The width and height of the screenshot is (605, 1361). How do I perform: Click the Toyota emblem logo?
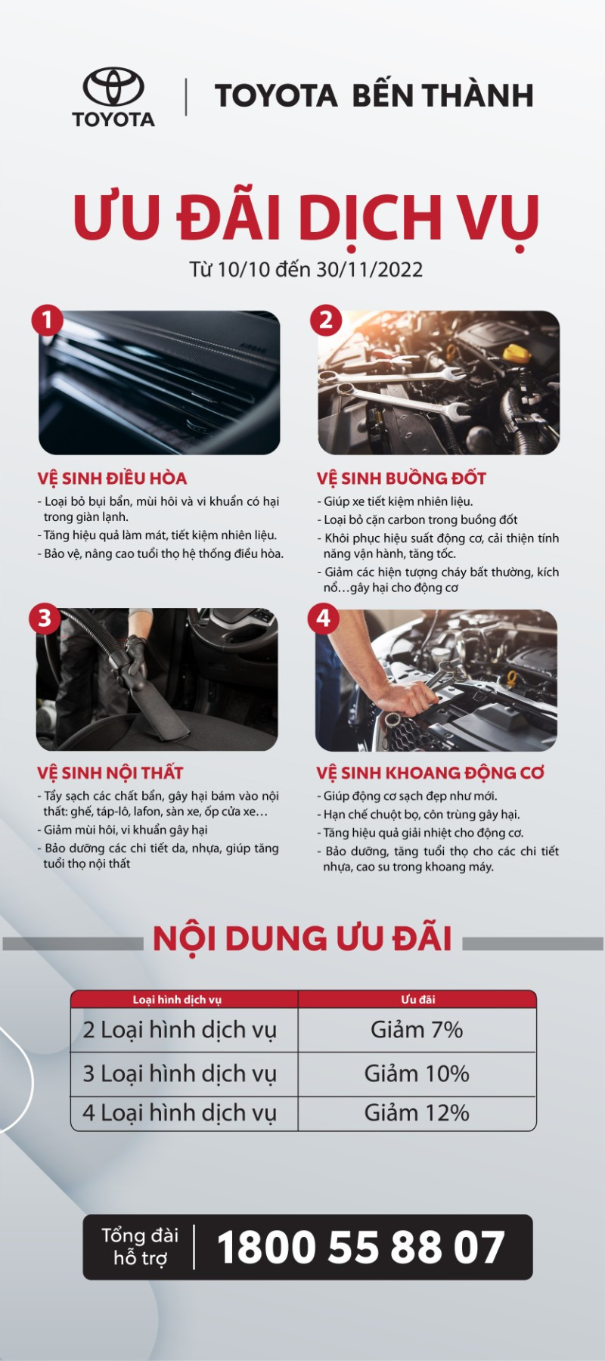tap(113, 87)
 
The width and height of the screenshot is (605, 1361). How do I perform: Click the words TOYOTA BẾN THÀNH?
tap(374, 96)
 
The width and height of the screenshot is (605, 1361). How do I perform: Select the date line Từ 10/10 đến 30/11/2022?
tap(306, 270)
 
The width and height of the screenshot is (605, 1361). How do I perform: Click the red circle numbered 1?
tap(47, 320)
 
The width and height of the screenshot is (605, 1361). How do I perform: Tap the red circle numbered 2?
tap(326, 320)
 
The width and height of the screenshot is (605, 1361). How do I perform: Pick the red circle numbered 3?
tap(45, 618)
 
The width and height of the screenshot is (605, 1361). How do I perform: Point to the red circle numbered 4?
tap(324, 618)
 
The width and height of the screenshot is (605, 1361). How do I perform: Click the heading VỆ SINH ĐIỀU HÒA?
tap(112, 479)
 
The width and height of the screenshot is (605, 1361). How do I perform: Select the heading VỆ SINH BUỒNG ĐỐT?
tap(401, 479)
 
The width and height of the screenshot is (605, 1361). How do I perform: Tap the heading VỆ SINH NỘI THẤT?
tap(110, 773)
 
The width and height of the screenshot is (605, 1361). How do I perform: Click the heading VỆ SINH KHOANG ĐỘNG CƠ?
tap(430, 773)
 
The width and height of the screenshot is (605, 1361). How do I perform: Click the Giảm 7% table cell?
tap(417, 1030)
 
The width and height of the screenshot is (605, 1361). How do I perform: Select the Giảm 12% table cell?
tap(417, 1113)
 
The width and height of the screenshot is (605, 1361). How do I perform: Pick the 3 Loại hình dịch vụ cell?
tap(180, 1074)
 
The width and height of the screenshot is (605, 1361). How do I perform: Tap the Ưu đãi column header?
tap(417, 1000)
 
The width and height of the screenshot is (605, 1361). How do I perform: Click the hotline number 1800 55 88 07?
tap(360, 1248)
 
